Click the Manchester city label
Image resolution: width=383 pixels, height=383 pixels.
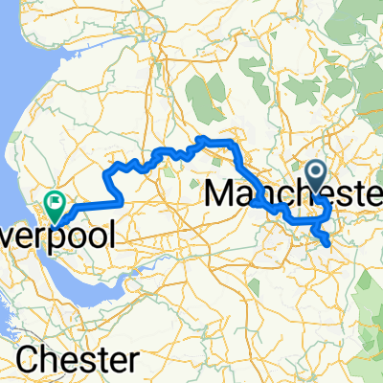[292, 194]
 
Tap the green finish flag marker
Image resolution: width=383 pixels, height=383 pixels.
[54, 204]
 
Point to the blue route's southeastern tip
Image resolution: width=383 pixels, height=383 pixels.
[329, 243]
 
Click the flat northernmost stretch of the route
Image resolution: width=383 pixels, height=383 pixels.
[216, 142]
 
